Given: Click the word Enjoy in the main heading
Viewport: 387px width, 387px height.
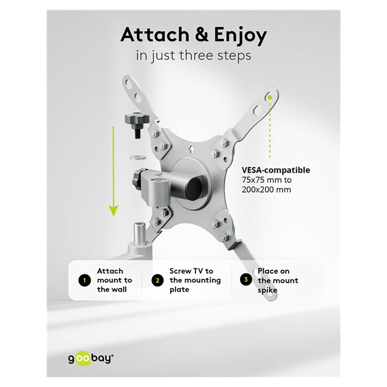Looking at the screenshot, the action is pyautogui.click(x=240, y=36).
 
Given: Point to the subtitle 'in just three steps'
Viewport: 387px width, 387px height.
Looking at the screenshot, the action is pyautogui.click(x=193, y=55).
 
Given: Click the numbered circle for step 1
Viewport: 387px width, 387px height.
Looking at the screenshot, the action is pyautogui.click(x=84, y=280).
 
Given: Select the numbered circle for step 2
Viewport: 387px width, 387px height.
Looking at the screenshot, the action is pyautogui.click(x=158, y=280).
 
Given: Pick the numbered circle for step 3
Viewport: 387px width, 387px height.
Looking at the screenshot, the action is pyautogui.click(x=246, y=279).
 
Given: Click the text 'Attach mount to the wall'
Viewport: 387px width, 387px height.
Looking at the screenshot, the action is pyautogui.click(x=115, y=280).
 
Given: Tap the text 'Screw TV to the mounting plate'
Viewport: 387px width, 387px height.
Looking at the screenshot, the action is pyautogui.click(x=195, y=280).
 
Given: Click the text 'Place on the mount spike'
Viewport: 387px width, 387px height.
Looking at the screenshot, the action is pyautogui.click(x=278, y=281).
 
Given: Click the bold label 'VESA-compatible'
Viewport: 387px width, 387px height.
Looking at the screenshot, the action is pyautogui.click(x=276, y=170).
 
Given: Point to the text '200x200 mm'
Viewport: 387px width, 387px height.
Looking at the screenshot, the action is pyautogui.click(x=266, y=190).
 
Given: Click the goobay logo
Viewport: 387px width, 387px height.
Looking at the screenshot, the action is pyautogui.click(x=91, y=358).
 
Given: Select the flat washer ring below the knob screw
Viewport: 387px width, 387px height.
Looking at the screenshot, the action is pyautogui.click(x=137, y=157).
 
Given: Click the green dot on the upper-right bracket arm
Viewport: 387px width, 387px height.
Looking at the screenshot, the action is pyautogui.click(x=270, y=98).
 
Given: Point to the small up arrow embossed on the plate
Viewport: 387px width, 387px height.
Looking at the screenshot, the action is pyautogui.click(x=191, y=149).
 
